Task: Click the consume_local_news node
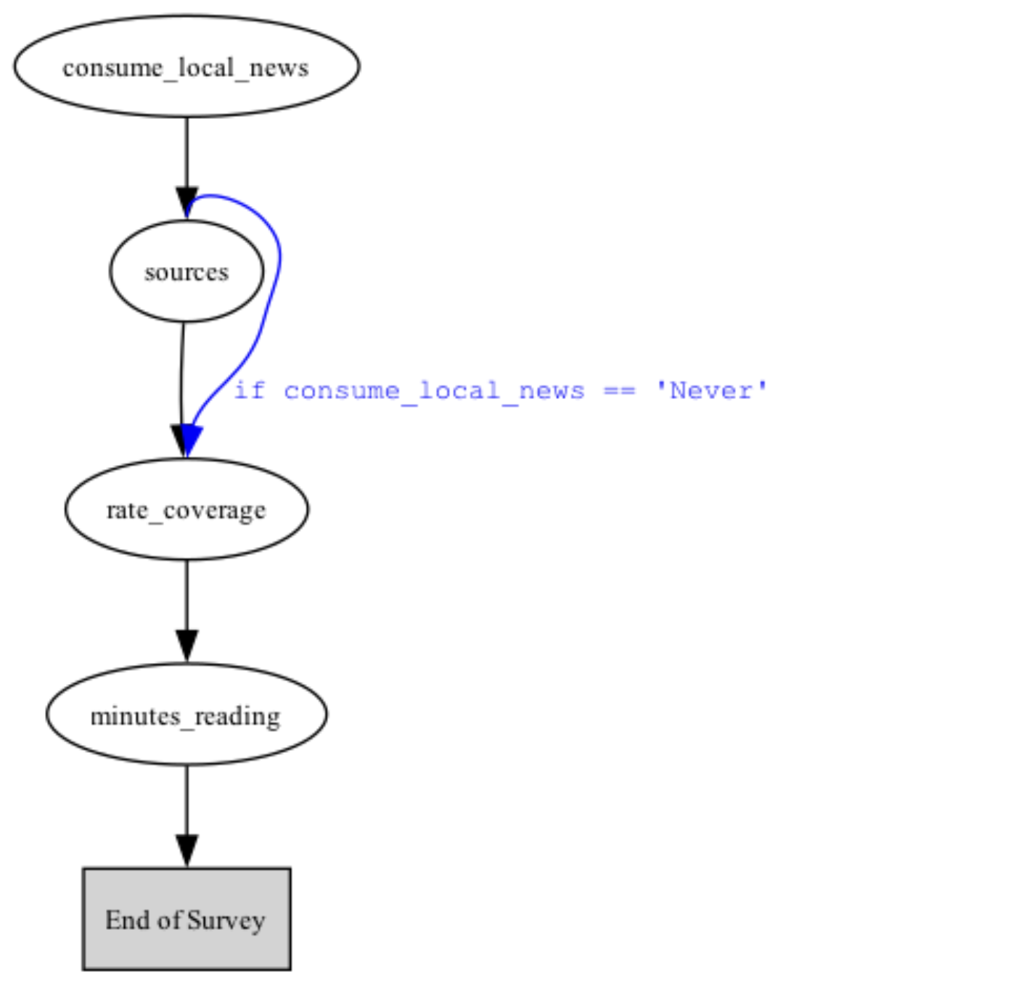pyautogui.click(x=187, y=67)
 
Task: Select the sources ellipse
pyautogui.click(x=187, y=271)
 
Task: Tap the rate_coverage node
pyautogui.click(x=187, y=509)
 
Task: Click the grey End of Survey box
pyautogui.click(x=187, y=919)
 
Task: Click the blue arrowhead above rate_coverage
pyautogui.click(x=190, y=440)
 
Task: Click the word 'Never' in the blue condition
pyautogui.click(x=711, y=391)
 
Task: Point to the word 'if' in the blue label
pyautogui.click(x=249, y=391)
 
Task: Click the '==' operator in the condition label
pyautogui.click(x=619, y=391)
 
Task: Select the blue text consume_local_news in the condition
pyautogui.click(x=433, y=391)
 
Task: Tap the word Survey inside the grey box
pyautogui.click(x=226, y=920)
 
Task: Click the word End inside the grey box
pyautogui.click(x=128, y=920)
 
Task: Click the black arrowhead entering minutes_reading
pyautogui.click(x=187, y=646)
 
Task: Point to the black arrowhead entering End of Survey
pyautogui.click(x=187, y=850)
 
